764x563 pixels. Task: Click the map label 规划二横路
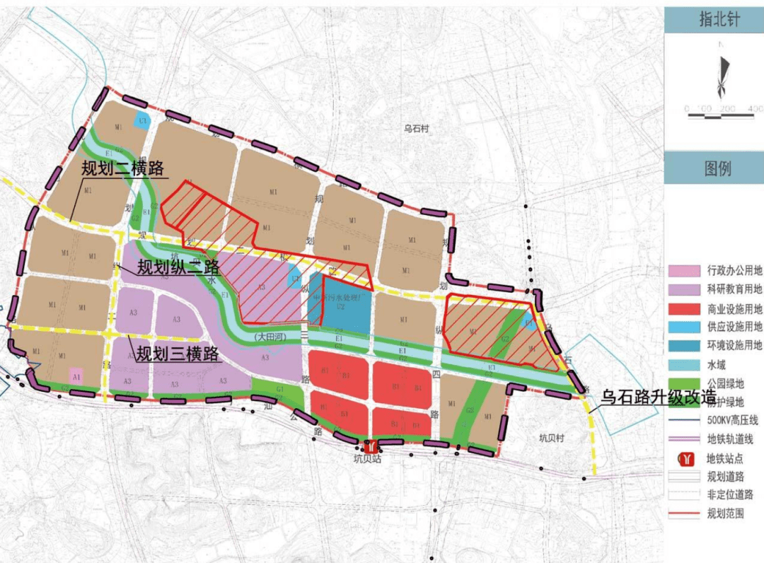click(x=122, y=169)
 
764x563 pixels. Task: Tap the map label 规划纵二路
click(x=178, y=267)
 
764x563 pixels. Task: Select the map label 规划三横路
click(x=178, y=354)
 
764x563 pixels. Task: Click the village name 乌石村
click(x=417, y=129)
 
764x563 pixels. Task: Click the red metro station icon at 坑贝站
click(x=369, y=446)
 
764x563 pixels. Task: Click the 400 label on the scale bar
click(x=754, y=109)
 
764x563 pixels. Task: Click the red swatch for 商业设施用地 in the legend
click(x=683, y=309)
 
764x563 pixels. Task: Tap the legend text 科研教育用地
click(x=734, y=289)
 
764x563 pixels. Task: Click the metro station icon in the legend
click(x=683, y=458)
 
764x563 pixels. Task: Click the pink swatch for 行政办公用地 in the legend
click(x=683, y=271)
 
